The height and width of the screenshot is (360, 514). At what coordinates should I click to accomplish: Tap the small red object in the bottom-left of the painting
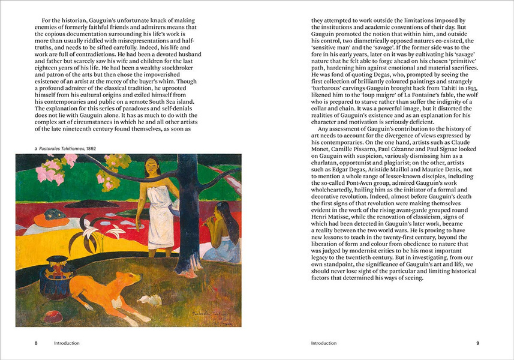[x=52, y=316]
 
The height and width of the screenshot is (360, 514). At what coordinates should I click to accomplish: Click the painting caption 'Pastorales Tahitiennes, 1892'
[x=53, y=147]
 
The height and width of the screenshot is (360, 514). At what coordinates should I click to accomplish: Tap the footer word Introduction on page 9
[x=324, y=343]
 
